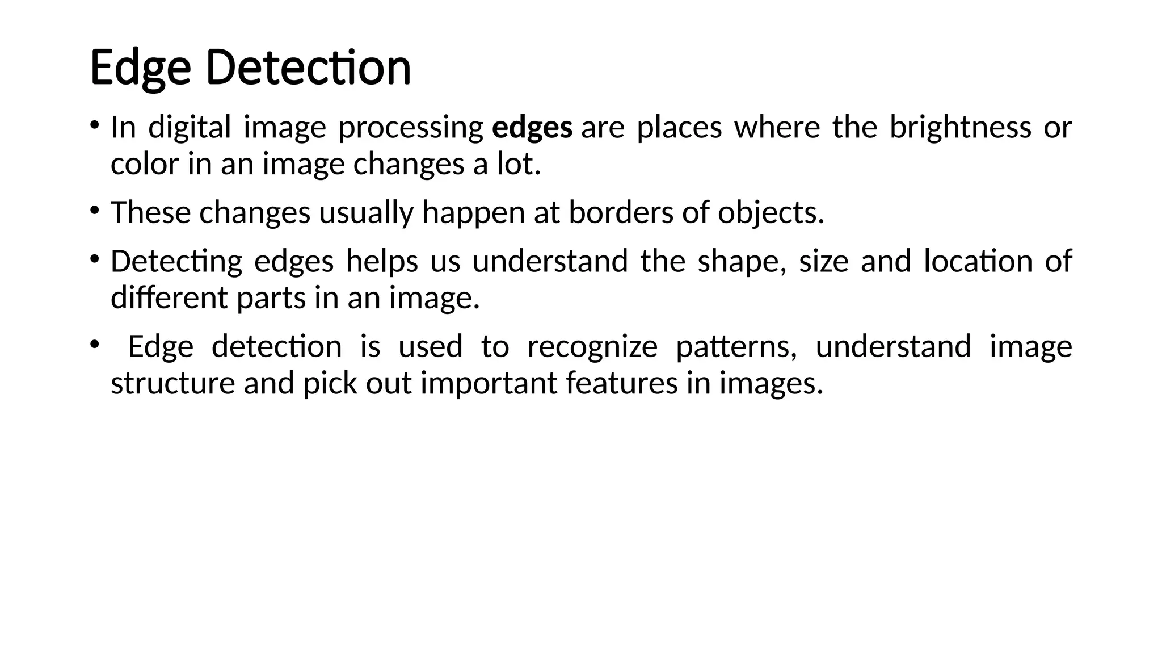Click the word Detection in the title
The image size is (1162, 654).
pyautogui.click(x=308, y=68)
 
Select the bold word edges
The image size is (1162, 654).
pyautogui.click(x=532, y=127)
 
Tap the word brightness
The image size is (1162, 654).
pyautogui.click(x=960, y=127)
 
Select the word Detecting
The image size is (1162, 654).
pyautogui.click(x=176, y=262)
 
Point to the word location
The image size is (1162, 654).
pyautogui.click(x=978, y=261)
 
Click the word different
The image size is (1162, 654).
pyautogui.click(x=169, y=297)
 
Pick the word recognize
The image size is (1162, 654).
pyautogui.click(x=592, y=347)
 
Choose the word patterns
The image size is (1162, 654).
pyautogui.click(x=736, y=347)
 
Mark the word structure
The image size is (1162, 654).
pyautogui.click(x=172, y=383)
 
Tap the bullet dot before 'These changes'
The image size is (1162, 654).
pyautogui.click(x=94, y=211)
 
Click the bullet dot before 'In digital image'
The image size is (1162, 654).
pyautogui.click(x=94, y=125)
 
